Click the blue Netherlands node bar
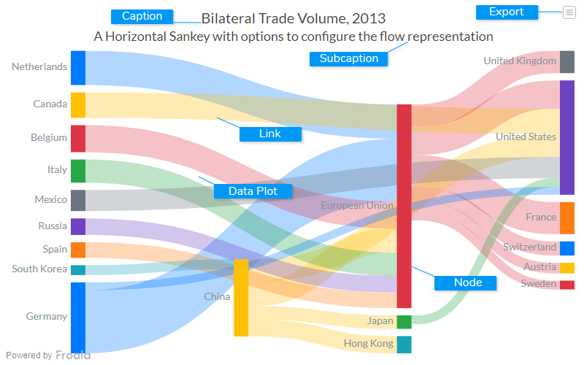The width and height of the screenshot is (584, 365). (78, 68)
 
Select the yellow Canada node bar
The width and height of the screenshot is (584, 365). (78, 104)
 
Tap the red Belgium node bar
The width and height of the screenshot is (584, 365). (78, 138)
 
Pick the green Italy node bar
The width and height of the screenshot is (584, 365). (78, 170)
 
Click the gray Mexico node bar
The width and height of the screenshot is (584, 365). (78, 200)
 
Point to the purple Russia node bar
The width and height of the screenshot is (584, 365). (78, 226)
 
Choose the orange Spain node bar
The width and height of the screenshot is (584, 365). (78, 250)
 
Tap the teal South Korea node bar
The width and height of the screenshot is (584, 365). (78, 269)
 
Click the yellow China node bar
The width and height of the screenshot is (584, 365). (241, 298)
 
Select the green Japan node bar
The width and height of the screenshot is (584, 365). (404, 321)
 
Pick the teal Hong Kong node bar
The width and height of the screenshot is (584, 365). (404, 344)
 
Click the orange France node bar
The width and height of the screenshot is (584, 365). (566, 218)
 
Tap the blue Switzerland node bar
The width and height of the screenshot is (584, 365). (566, 247)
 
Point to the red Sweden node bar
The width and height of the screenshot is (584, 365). (566, 284)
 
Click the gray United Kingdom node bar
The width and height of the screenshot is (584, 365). (566, 61)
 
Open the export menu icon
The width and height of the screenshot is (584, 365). (569, 12)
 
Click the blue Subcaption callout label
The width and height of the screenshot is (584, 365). (349, 58)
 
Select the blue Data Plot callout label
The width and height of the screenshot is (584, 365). (253, 191)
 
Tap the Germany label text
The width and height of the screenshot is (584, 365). (47, 317)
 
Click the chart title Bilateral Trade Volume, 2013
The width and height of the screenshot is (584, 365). (293, 18)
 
